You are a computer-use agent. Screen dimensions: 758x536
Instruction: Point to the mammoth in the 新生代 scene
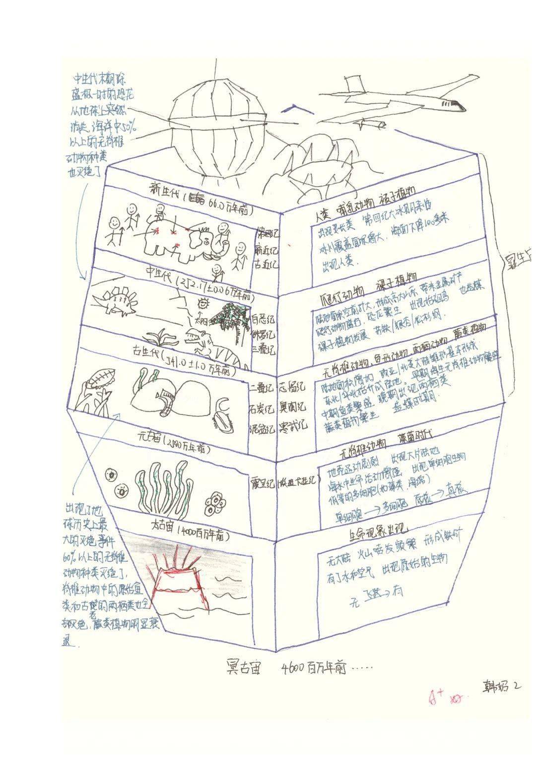pos(179,241)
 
